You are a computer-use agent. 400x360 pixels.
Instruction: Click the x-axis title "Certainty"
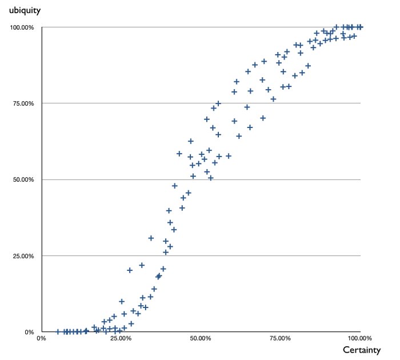click(x=362, y=349)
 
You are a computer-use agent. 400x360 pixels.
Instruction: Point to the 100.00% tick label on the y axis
click(x=23, y=27)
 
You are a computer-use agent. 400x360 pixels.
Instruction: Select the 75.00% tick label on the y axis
click(x=24, y=103)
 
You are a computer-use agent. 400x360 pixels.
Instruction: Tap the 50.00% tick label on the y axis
click(x=24, y=179)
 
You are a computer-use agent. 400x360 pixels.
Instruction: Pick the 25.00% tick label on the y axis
click(x=24, y=256)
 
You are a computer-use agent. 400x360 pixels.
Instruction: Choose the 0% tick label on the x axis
click(x=41, y=338)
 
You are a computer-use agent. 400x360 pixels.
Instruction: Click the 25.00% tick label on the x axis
click(x=121, y=338)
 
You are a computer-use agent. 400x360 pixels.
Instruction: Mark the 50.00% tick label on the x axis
click(x=201, y=338)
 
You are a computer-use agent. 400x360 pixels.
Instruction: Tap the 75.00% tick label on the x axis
click(x=281, y=338)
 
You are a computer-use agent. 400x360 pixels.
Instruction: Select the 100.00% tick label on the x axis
click(x=359, y=338)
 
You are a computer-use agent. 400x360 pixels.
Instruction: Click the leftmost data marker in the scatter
click(x=58, y=331)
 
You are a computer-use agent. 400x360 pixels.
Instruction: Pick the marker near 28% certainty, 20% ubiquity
click(x=130, y=270)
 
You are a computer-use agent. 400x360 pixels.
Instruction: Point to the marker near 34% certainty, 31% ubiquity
click(x=151, y=238)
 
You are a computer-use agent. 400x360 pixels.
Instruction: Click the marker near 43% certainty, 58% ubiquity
click(x=179, y=154)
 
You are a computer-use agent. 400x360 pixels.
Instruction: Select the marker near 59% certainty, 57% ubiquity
click(x=229, y=156)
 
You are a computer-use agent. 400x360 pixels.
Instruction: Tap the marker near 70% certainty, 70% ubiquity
click(x=263, y=118)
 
